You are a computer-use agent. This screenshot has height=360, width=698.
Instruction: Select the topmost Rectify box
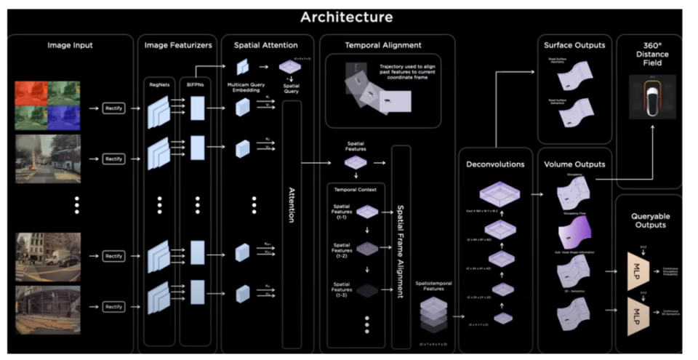click(114, 108)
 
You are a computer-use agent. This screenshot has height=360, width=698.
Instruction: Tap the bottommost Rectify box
click(114, 306)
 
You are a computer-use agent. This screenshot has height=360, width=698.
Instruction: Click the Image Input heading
click(71, 45)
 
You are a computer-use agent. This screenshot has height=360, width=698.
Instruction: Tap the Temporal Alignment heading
click(388, 45)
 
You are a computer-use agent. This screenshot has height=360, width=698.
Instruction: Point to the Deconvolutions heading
click(495, 164)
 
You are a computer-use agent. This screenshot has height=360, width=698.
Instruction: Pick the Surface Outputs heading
click(574, 45)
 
